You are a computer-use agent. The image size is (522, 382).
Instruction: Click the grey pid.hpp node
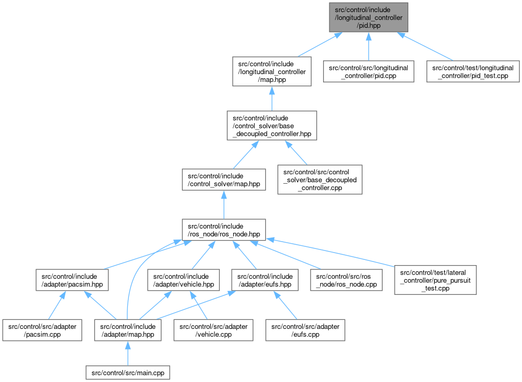click(369, 17)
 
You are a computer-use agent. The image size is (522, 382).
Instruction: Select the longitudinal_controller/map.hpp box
click(272, 71)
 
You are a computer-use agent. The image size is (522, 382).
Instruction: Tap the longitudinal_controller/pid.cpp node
click(369, 71)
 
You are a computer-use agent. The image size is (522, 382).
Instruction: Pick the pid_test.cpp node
click(473, 71)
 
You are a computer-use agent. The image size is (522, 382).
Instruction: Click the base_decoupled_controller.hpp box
click(272, 126)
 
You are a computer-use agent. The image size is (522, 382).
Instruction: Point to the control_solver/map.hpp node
click(223, 180)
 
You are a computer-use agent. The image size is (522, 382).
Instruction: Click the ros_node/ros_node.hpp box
click(223, 231)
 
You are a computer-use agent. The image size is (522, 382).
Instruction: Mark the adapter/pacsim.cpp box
click(42, 330)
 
